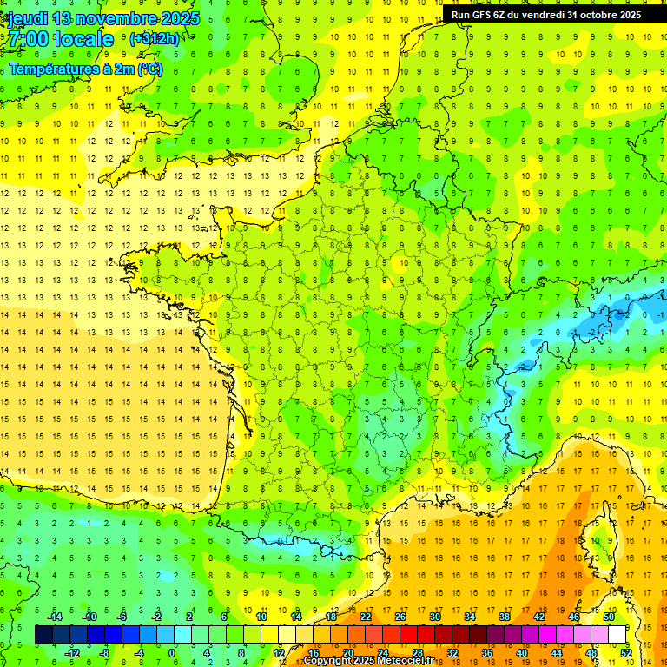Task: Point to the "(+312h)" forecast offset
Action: [x=155, y=39]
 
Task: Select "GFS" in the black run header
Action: [x=487, y=15]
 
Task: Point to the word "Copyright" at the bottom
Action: [x=331, y=661]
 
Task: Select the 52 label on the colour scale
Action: [x=626, y=653]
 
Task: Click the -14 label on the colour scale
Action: [x=54, y=617]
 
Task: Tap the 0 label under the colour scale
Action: [x=172, y=653]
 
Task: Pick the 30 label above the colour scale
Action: [x=434, y=617]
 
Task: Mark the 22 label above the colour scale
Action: [x=366, y=617]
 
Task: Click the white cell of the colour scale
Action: [x=617, y=635]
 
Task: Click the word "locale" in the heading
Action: [x=83, y=39]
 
